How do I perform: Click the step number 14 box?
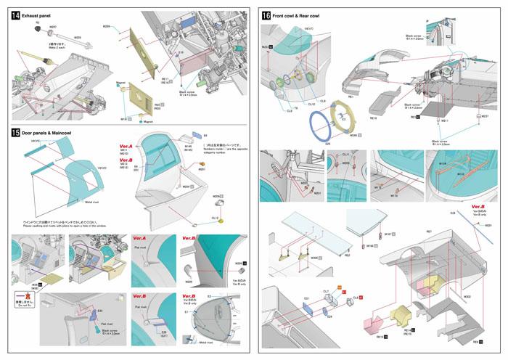[16, 15]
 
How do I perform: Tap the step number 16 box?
[266, 15]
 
